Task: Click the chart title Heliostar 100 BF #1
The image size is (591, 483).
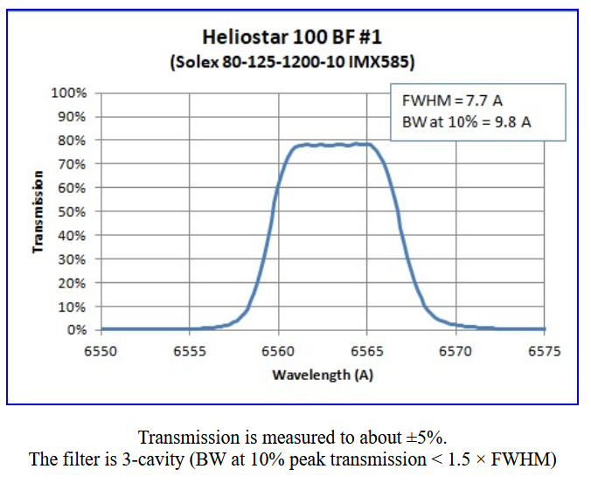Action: pyautogui.click(x=292, y=38)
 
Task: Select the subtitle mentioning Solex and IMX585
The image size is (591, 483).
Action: pyautogui.click(x=292, y=64)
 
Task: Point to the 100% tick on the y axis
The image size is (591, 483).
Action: pyautogui.click(x=71, y=93)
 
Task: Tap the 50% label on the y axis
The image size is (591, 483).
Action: pyautogui.click(x=73, y=211)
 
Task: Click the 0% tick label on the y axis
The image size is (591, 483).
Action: pyautogui.click(x=77, y=330)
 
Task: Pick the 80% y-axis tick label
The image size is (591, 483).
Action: pyautogui.click(x=73, y=140)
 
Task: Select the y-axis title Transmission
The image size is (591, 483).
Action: pyautogui.click(x=38, y=211)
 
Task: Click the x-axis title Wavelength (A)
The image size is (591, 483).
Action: pyautogui.click(x=323, y=375)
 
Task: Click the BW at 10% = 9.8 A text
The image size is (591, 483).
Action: pyautogui.click(x=466, y=121)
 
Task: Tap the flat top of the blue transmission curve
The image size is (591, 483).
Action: pyautogui.click(x=332, y=145)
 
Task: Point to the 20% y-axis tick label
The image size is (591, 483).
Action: pyautogui.click(x=73, y=283)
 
